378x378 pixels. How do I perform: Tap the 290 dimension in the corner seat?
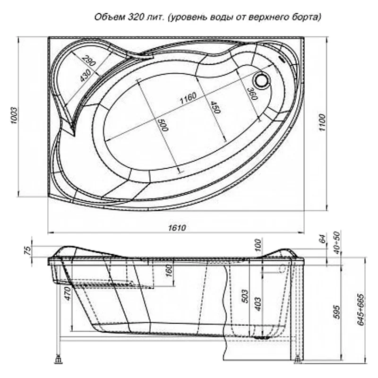(88, 61)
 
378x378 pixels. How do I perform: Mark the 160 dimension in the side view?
(169, 271)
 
